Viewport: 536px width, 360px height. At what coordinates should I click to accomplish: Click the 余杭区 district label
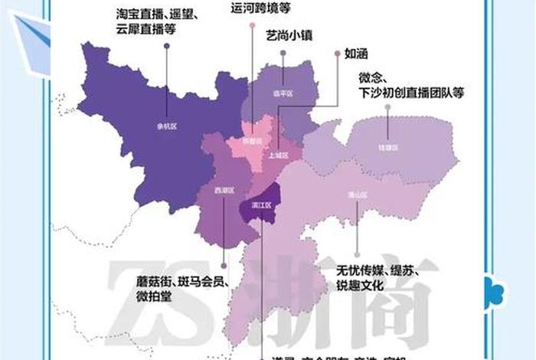(165, 126)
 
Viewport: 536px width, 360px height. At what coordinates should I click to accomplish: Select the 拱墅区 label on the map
(252, 141)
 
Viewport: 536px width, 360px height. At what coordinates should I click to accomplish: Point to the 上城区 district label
(279, 155)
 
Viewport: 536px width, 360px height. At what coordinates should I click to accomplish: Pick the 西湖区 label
(223, 188)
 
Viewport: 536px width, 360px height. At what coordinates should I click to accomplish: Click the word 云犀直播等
(146, 29)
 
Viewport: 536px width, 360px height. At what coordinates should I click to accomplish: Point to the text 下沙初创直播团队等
(412, 90)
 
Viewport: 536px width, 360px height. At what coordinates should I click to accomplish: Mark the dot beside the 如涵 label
(338, 54)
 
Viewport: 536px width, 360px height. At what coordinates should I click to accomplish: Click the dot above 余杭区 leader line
(166, 47)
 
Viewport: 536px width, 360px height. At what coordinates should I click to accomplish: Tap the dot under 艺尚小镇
(283, 54)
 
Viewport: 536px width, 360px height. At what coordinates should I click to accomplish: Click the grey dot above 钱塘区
(387, 107)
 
